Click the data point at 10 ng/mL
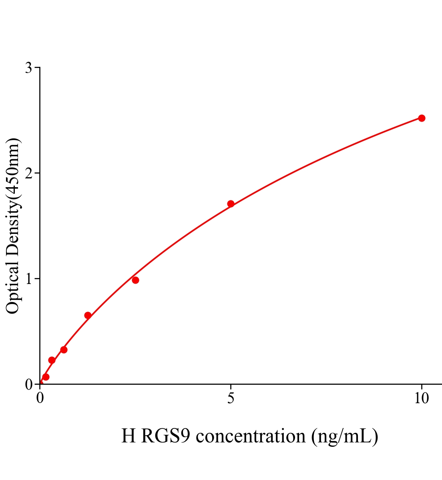(422, 118)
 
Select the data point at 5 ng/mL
(231, 204)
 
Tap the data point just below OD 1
(135, 280)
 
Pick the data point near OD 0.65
(88, 315)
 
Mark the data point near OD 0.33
(64, 350)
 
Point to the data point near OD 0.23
(52, 360)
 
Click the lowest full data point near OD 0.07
(46, 377)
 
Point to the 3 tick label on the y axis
(28, 68)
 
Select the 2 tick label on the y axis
(28, 173)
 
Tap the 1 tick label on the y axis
(28, 279)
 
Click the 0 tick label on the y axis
(28, 384)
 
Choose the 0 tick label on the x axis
(40, 398)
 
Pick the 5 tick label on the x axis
(231, 398)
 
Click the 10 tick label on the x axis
(421, 398)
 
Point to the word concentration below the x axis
(251, 436)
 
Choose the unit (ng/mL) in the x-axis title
(344, 436)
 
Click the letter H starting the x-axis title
(129, 436)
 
